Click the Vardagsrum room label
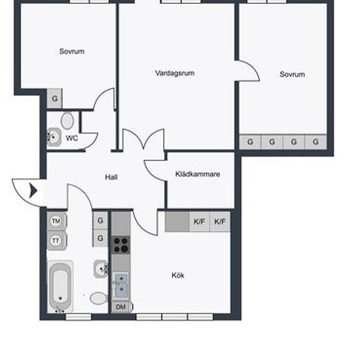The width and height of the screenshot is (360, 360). coord(175,73)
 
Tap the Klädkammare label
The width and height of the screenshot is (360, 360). coord(198,174)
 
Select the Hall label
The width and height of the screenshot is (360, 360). coord(111,177)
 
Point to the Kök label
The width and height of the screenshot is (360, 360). coord(178,275)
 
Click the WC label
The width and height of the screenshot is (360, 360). coord(72,138)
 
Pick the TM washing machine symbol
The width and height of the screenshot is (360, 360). coord(56,221)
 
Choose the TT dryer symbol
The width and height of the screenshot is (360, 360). coord(56,241)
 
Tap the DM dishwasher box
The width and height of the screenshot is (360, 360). coord(121,307)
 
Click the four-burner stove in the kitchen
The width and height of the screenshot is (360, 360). coord(121,245)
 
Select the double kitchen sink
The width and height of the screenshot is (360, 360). coord(121,285)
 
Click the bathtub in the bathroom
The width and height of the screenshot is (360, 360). coord(60,286)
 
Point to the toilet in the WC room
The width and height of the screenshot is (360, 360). coord(67,121)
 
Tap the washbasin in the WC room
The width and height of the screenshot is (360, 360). coord(54,137)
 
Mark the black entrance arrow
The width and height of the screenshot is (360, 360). coord(33,190)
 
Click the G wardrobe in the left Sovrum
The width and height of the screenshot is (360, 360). coord(54,98)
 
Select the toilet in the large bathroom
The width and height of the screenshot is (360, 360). coord(99,298)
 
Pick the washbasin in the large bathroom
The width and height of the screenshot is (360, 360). coord(101,268)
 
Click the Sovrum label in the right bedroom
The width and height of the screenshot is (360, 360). coord(293,75)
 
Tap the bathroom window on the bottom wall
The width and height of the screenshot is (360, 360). coord(79,317)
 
